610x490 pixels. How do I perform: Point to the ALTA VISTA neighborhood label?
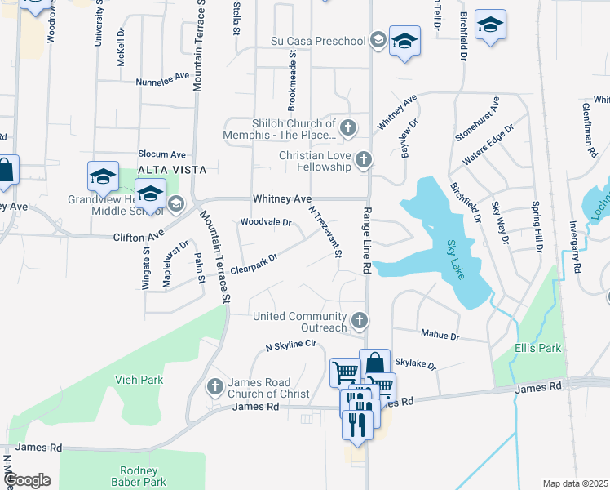(167, 169)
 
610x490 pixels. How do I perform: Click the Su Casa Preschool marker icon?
(378, 40)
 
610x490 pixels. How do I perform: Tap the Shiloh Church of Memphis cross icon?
(348, 128)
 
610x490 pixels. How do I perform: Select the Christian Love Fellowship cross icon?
(365, 161)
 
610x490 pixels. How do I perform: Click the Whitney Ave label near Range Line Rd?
(282, 198)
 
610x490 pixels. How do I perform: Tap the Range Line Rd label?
(366, 239)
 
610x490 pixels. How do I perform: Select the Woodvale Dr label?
(266, 222)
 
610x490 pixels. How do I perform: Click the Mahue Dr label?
(440, 335)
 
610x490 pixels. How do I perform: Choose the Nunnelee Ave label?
(162, 81)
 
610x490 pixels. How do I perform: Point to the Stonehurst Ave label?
(478, 119)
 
